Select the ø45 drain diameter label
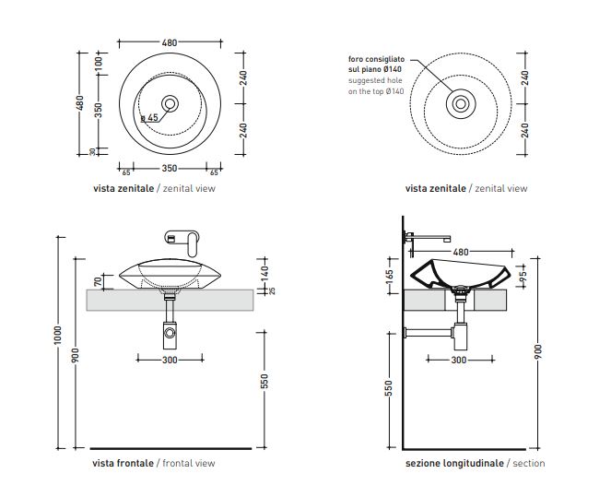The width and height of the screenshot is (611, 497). (x=150, y=118)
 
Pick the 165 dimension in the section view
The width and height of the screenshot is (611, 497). (x=391, y=275)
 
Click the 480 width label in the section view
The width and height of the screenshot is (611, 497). (x=460, y=251)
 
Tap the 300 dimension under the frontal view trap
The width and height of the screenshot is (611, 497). (x=170, y=360)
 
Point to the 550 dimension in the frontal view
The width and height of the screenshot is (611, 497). (x=264, y=381)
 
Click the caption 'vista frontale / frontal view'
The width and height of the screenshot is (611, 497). (x=153, y=463)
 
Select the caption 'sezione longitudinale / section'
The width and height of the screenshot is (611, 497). (x=475, y=463)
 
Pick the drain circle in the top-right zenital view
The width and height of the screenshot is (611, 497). (x=458, y=104)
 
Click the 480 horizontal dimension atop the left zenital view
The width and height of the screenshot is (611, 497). (x=170, y=42)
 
